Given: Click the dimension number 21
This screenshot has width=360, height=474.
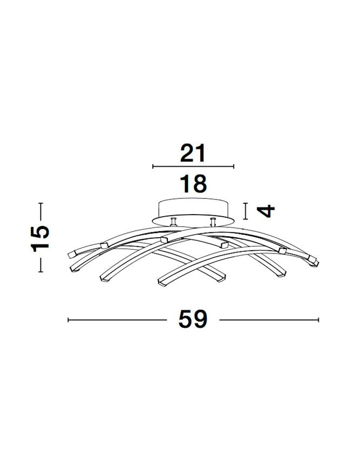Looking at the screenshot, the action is [193, 153].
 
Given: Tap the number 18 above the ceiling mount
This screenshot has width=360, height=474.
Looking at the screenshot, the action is [193, 183].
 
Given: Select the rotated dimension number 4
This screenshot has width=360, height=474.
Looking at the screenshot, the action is [266, 211].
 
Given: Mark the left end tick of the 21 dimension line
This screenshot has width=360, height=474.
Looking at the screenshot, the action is [153, 166].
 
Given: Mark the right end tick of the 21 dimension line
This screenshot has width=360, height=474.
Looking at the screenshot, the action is [234, 166].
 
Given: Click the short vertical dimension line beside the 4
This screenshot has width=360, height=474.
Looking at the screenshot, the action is [246, 211].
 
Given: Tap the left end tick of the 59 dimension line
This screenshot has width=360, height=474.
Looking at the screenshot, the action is [69, 320].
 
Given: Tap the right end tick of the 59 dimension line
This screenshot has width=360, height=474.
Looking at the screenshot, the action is [318, 320].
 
